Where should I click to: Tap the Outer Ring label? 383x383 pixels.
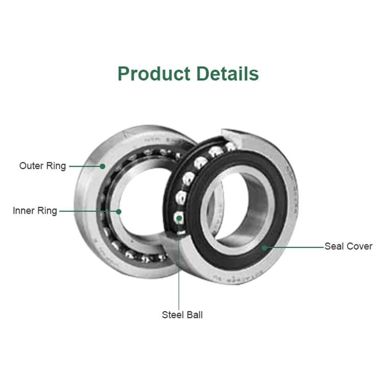tap(42, 166)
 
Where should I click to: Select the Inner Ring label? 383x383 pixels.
tap(35, 211)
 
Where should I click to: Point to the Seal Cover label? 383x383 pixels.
tap(349, 246)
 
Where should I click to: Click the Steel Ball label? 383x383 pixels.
tap(182, 315)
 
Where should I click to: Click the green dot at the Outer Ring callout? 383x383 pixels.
tap(103, 166)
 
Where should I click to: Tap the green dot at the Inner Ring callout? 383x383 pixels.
tap(118, 211)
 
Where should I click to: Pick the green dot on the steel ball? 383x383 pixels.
tap(179, 218)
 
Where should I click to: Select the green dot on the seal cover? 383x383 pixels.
tap(265, 247)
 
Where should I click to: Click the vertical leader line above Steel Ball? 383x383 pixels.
tap(179, 266)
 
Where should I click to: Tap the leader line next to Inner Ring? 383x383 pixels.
tap(89, 211)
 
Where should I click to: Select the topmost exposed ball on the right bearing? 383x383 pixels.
tap(230, 147)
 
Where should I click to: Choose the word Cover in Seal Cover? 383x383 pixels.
tap(360, 246)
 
